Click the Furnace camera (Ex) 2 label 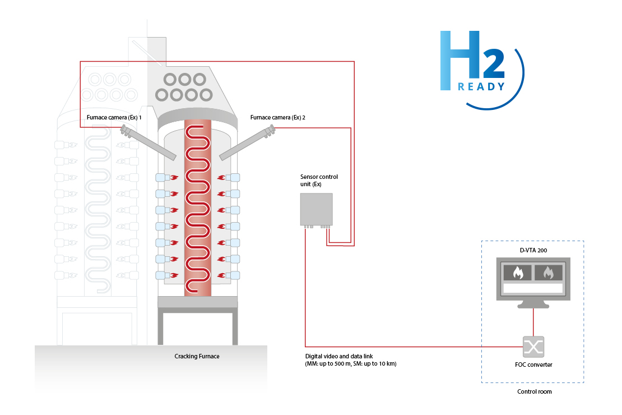coord(277,118)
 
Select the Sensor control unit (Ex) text coord(319,180)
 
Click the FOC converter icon coord(533,347)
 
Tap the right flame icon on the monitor coord(548,273)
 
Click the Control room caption coord(534,391)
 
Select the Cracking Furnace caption coord(197,356)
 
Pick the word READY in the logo coord(481,86)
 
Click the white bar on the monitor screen coord(533,288)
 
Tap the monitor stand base coord(533,306)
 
